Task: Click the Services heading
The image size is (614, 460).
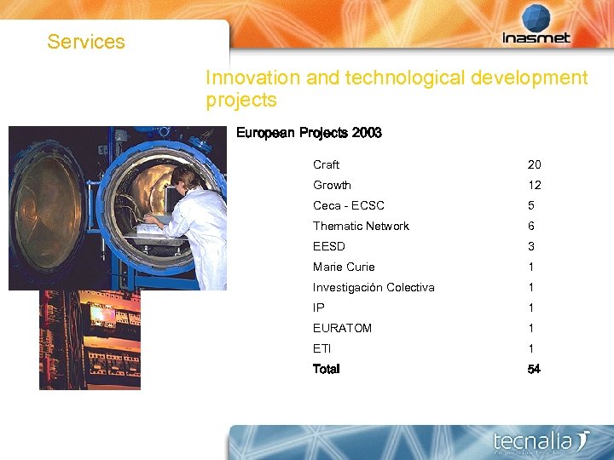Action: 86,42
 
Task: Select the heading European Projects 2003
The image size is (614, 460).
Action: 309,133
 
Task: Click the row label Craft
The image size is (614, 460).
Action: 326,164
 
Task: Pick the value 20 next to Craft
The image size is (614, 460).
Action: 535,164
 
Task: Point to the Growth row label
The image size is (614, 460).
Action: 332,185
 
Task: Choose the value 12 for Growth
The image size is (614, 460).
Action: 535,185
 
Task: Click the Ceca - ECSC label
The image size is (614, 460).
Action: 349,205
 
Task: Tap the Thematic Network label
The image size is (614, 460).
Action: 361,226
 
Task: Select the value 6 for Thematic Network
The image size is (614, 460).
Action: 531,226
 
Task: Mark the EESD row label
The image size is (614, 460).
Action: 329,246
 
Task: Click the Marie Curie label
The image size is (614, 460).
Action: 344,267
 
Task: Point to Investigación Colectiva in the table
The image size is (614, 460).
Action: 374,287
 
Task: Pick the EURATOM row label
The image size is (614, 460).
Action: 342,328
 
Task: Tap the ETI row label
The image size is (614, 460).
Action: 321,348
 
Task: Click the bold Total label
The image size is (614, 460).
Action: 327,369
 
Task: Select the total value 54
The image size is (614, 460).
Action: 535,369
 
